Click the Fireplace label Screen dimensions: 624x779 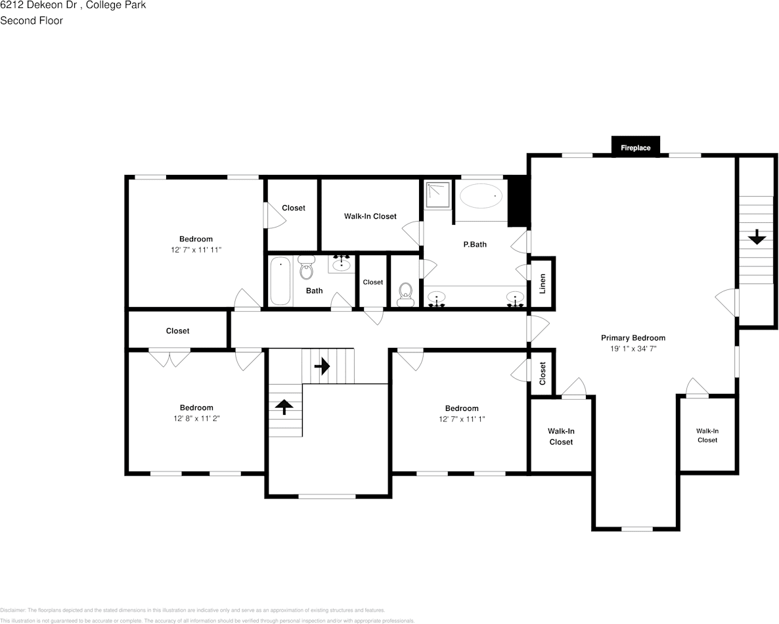coord(635,148)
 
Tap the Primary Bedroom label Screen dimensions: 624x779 coord(633,338)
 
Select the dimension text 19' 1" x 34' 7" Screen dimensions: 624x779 coord(633,349)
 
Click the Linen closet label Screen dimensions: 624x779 coord(543,283)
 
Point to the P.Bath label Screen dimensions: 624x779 coord(475,245)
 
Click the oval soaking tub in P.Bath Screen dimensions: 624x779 coord(480,196)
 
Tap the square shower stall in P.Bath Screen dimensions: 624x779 coord(437,194)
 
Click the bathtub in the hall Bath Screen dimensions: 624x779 coord(280,281)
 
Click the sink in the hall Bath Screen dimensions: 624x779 coord(341,264)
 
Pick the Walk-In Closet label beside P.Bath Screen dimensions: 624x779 coord(370,216)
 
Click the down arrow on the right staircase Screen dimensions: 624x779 coord(757,237)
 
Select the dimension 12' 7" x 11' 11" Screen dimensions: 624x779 coord(196,251)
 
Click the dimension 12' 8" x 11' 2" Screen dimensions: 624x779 coord(196,419)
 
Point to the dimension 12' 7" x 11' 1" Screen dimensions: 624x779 coord(462,420)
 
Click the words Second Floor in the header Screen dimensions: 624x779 coord(32,20)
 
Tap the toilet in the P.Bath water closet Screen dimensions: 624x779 coord(405,293)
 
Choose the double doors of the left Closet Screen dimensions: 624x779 coord(169,358)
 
